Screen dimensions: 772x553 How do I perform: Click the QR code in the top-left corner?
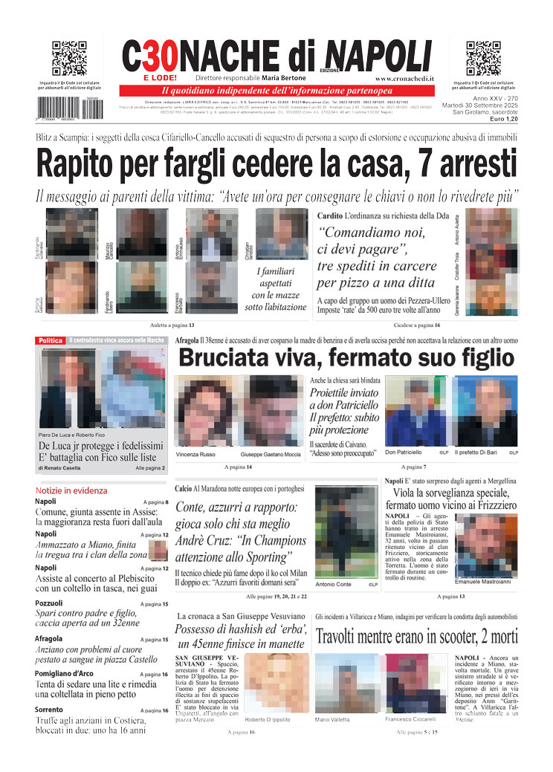point(69,59)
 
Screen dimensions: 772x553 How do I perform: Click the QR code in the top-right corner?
point(483,59)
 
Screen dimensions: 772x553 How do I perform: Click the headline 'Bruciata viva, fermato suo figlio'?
point(346,357)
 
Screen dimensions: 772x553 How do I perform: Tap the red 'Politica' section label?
point(50,340)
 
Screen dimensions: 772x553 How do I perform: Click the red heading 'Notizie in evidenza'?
point(71,490)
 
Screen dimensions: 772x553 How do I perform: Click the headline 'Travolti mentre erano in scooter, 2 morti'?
point(415,637)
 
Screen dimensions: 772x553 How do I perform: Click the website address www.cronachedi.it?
point(404,78)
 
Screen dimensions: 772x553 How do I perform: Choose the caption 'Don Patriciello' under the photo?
point(404,452)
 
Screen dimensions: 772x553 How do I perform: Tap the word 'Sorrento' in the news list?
point(49,710)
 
